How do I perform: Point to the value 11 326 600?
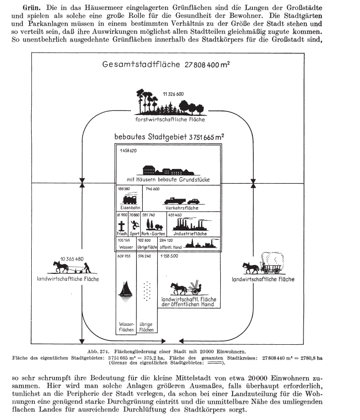coord(173,94)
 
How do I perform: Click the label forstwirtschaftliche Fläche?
coord(170,120)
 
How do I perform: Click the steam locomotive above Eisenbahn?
coord(128,199)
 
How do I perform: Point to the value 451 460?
coord(175,215)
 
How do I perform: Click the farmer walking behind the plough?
coord(86,268)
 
